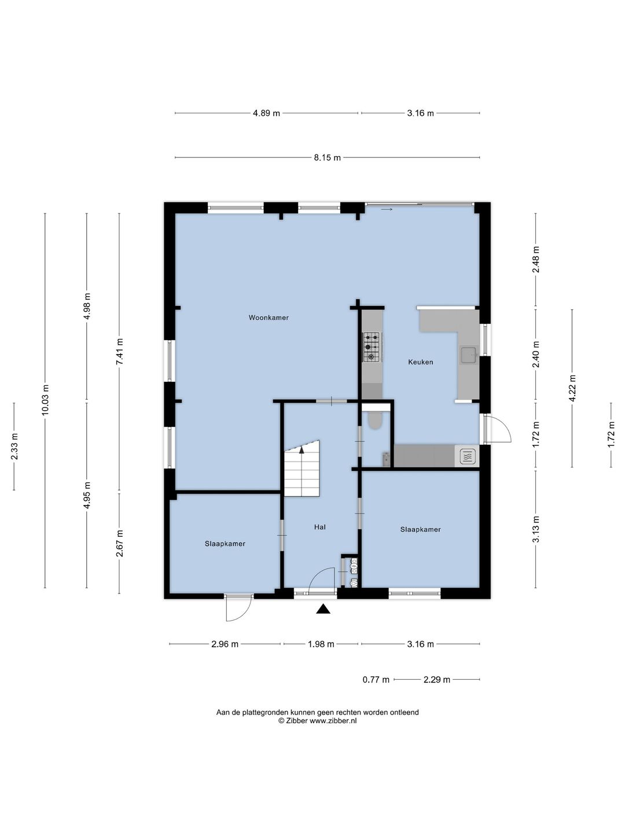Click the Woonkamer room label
click(x=269, y=318)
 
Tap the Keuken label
click(x=421, y=362)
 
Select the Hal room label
click(x=320, y=527)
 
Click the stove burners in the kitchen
click(x=371, y=347)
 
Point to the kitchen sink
click(x=469, y=355)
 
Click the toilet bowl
click(x=376, y=421)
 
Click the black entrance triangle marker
click(x=323, y=609)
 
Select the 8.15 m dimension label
click(x=327, y=158)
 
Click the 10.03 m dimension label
click(x=46, y=400)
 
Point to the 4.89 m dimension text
click(x=266, y=113)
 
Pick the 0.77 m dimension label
click(x=376, y=680)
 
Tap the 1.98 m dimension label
click(x=321, y=644)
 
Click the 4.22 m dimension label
click(x=572, y=388)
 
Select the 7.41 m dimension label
click(x=120, y=351)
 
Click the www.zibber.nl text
click(x=333, y=721)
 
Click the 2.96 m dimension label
click(x=225, y=644)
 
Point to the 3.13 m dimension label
click(x=536, y=529)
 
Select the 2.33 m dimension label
click(x=14, y=446)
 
